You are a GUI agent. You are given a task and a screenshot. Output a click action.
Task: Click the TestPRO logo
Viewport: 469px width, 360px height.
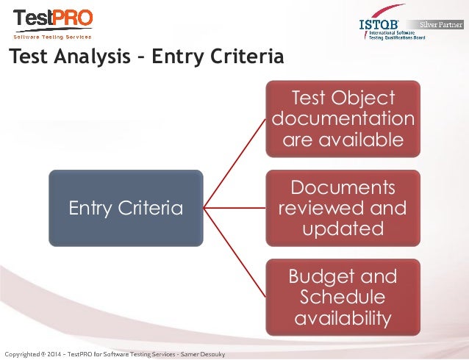pyautogui.click(x=53, y=24)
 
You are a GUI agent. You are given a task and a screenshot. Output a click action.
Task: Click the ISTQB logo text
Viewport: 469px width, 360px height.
pyautogui.click(x=379, y=24)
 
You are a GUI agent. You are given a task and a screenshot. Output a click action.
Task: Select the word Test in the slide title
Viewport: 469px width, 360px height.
pyautogui.click(x=29, y=56)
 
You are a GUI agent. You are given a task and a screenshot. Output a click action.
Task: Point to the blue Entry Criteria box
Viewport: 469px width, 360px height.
pyautogui.click(x=126, y=208)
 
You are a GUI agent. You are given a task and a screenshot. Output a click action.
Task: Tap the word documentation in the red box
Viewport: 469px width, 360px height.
pyautogui.click(x=343, y=118)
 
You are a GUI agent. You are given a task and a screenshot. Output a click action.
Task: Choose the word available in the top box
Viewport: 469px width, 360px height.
pyautogui.click(x=361, y=140)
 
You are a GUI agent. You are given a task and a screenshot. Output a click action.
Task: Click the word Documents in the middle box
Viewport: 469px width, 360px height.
pyautogui.click(x=343, y=187)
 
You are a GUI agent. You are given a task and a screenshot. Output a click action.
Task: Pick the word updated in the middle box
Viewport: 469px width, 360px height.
pyautogui.click(x=343, y=228)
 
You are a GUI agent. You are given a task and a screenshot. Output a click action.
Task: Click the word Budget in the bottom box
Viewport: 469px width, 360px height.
pyautogui.click(x=323, y=276)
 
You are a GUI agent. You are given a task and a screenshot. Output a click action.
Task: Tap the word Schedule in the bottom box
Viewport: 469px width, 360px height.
pyautogui.click(x=343, y=297)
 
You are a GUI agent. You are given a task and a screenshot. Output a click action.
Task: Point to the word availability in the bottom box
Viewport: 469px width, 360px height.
pyautogui.click(x=343, y=318)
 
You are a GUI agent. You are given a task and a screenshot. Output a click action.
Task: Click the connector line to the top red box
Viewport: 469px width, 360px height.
pyautogui.click(x=234, y=164)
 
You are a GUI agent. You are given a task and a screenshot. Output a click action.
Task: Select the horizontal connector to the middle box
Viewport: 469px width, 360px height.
pyautogui.click(x=234, y=208)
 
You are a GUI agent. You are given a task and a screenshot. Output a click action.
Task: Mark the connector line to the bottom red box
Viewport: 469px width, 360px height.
pyautogui.click(x=234, y=253)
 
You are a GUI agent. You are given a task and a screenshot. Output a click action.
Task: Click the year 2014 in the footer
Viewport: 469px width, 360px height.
pyautogui.click(x=53, y=354)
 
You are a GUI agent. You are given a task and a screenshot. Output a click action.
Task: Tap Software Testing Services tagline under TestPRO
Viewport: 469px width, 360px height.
pyautogui.click(x=52, y=37)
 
